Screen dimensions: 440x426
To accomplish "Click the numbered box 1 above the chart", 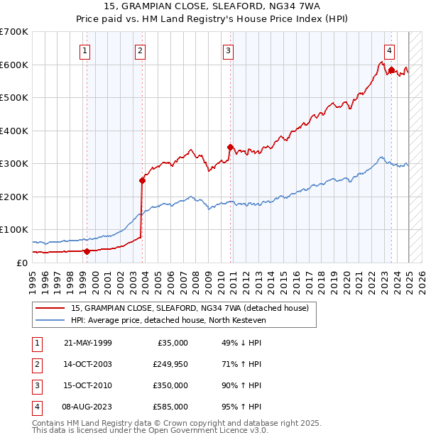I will point(84,50).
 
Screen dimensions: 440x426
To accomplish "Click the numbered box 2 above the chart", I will point(141,50).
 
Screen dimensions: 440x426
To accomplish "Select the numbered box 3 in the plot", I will point(228,50).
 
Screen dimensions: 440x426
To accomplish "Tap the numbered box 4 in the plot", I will point(390,50).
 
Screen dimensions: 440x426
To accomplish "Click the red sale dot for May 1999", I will point(87,251).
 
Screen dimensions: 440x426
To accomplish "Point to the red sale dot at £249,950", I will point(143,180).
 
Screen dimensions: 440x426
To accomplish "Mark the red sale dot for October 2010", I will point(230,147).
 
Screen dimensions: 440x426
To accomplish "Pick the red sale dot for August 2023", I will point(391,70).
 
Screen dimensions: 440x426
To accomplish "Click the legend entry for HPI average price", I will point(168,321).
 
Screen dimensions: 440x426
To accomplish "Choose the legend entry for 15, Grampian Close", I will point(190,309).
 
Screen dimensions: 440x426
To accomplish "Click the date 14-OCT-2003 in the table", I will point(88,364).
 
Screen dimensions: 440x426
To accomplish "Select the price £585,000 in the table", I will point(170,407).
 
